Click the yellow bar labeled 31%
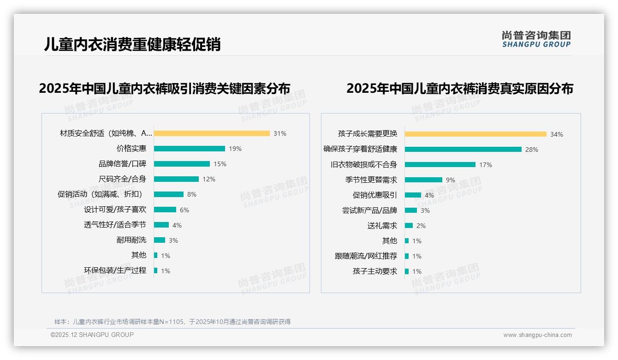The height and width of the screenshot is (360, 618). pyautogui.click(x=212, y=133)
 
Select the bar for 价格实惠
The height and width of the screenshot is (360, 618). pyautogui.click(x=189, y=149)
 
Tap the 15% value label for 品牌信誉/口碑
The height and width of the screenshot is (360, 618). pyautogui.click(x=220, y=164)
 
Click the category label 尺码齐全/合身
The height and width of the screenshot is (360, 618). pyautogui.click(x=122, y=179)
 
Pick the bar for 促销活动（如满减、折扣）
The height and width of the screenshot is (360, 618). pyautogui.click(x=168, y=194)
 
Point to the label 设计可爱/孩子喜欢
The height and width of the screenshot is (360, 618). pyautogui.click(x=115, y=210)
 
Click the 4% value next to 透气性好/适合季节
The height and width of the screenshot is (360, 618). pyautogui.click(x=177, y=225)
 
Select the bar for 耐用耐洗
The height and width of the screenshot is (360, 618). pyautogui.click(x=159, y=240)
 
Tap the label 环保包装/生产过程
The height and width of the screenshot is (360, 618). pyautogui.click(x=115, y=270)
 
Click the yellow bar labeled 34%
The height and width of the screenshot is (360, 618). pyautogui.click(x=475, y=134)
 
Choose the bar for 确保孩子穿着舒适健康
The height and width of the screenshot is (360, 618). pyautogui.click(x=463, y=150)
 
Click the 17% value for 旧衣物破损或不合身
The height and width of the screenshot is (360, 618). pyautogui.click(x=486, y=165)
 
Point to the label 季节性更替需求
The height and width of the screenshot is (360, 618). pyautogui.click(x=371, y=180)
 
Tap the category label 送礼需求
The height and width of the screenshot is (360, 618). pyautogui.click(x=382, y=226)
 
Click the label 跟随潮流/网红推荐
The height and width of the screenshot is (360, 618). pyautogui.click(x=366, y=256)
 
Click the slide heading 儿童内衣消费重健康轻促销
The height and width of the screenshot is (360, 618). pyautogui.click(x=132, y=44)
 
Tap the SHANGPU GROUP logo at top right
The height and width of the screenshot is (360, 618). pyautogui.click(x=536, y=39)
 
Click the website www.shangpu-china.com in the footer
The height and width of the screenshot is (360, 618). pyautogui.click(x=537, y=335)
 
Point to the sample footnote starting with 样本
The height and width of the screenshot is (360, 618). pyautogui.click(x=172, y=322)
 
